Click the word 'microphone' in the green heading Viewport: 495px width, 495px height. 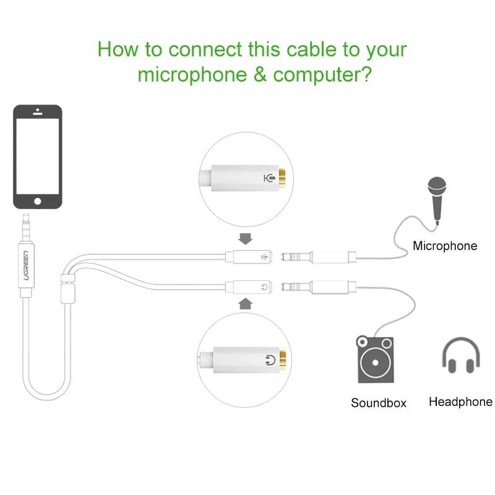pos(192,75)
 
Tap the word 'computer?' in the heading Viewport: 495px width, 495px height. pos(322,75)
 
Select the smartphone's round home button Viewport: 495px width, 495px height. pos(38,201)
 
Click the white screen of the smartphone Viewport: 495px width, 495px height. pos(38,157)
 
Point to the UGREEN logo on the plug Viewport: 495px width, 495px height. pos(26,265)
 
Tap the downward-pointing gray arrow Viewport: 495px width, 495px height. pos(245,239)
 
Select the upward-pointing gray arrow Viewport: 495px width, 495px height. pos(245,304)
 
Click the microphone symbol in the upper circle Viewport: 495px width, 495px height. pos(269,178)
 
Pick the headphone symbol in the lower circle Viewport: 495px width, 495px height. pos(270,360)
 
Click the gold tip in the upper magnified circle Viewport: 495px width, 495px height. pos(282,178)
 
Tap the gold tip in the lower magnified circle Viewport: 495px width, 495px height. pos(283,360)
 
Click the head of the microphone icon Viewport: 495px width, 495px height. pos(437,186)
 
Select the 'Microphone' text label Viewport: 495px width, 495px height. pos(445,246)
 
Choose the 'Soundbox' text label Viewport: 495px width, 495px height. pos(379,403)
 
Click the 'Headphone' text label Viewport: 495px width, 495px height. pos(460,402)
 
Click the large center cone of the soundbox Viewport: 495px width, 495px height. pos(376,363)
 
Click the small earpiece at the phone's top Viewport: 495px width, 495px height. pos(38,112)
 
